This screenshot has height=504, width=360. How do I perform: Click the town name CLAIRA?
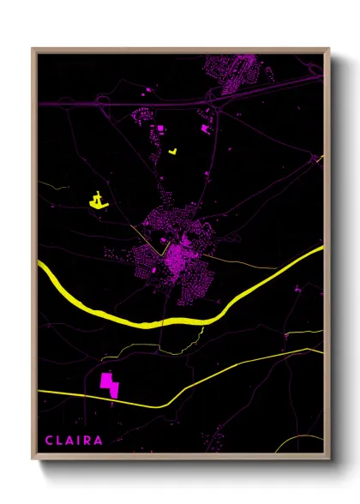(x=75, y=441)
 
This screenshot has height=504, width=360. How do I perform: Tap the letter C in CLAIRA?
(x=50, y=441)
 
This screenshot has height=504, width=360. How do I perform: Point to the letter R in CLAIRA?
(x=88, y=441)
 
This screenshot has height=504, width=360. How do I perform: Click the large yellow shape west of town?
(x=99, y=201)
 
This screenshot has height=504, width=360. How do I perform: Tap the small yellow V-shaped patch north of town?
(x=174, y=151)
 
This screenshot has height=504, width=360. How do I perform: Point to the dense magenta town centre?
(x=177, y=253)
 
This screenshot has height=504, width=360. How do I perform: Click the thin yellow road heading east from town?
(x=249, y=261)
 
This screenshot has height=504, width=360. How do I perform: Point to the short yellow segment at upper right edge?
(x=320, y=159)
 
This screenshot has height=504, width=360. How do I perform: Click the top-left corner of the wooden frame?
(x=33, y=50)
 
